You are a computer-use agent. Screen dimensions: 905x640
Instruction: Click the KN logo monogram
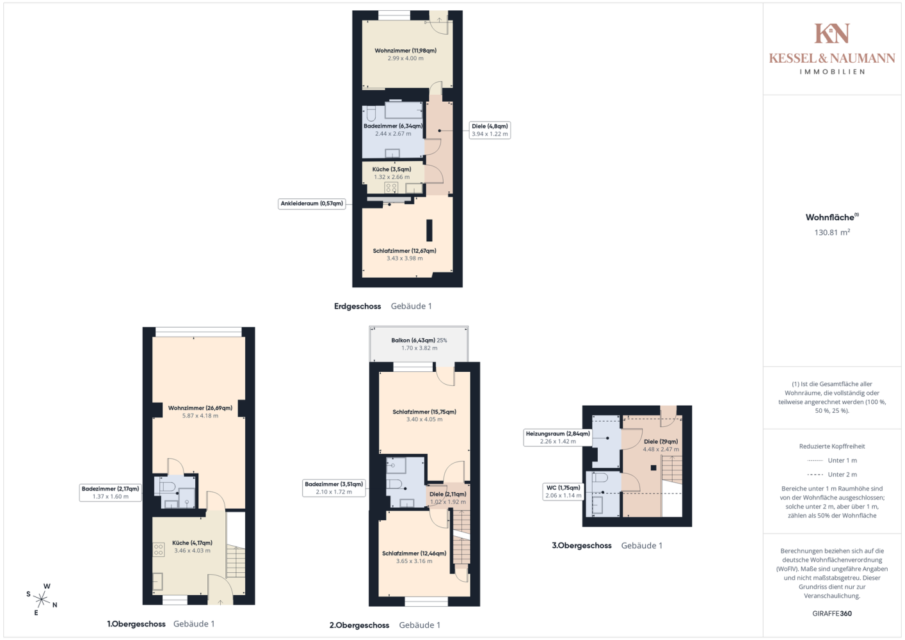[x=832, y=33]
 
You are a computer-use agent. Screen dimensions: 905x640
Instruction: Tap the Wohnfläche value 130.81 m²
[x=832, y=232]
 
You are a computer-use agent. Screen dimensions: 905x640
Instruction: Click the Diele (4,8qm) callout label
[x=490, y=130]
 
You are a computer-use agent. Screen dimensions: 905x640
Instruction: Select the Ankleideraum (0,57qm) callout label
[x=312, y=204]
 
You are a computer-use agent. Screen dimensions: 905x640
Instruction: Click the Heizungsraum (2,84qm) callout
[x=557, y=438]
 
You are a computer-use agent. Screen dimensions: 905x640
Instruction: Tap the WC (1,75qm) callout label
[x=563, y=492]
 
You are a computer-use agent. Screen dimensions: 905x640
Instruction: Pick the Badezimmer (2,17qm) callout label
[x=110, y=493]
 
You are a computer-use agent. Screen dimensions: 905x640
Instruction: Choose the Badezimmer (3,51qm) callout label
[x=333, y=488]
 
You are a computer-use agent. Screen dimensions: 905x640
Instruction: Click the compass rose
[x=42, y=599]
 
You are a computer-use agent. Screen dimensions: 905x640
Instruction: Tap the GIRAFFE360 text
[x=832, y=613]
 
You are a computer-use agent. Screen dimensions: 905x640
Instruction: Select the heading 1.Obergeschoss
[x=136, y=624]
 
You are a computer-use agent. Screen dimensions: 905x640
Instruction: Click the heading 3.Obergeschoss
[x=582, y=545]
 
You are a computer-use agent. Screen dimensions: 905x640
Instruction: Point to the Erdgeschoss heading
[x=358, y=307]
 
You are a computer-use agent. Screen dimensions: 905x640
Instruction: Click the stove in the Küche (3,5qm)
[x=391, y=188]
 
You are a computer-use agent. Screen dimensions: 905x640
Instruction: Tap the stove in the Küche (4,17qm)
[x=158, y=550]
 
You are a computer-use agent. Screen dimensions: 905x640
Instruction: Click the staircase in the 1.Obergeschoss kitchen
[x=236, y=561]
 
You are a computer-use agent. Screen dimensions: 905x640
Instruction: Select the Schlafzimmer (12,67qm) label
[x=404, y=251]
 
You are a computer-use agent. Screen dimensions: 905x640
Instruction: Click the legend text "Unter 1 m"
[x=842, y=460]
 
